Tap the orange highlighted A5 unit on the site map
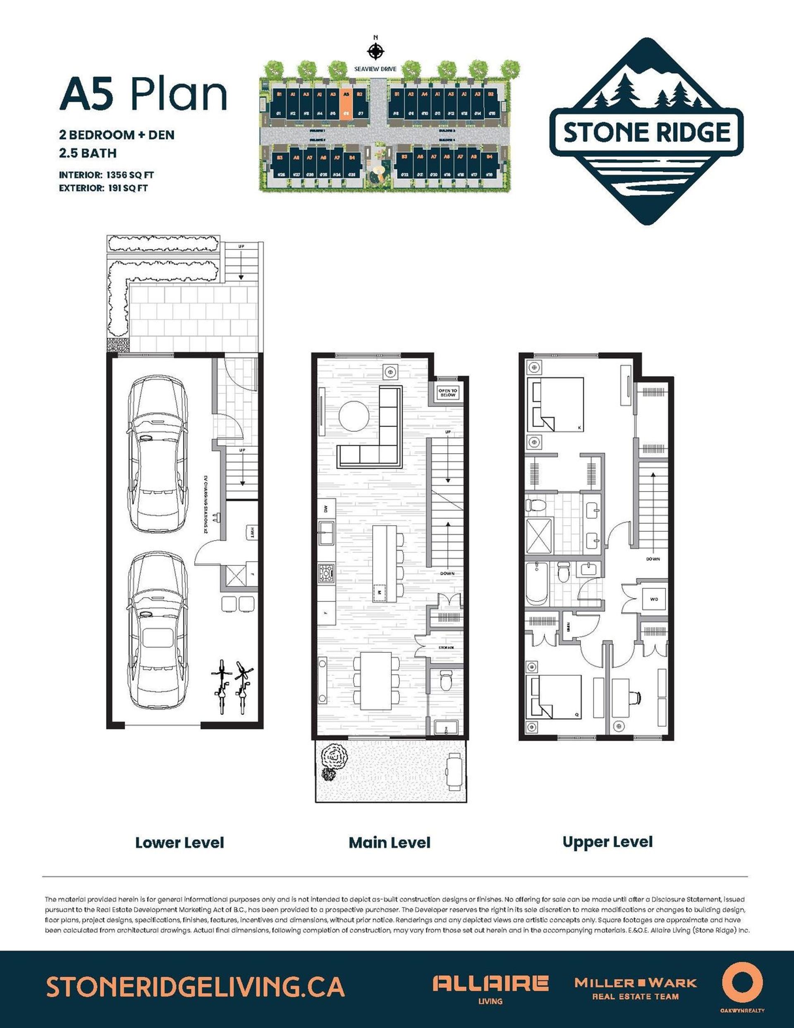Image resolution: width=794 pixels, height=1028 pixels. point(346,104)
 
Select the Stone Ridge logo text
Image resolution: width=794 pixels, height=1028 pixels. point(647,132)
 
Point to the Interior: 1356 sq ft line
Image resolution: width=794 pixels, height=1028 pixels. point(106,175)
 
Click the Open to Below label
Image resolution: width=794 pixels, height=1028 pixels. point(447,393)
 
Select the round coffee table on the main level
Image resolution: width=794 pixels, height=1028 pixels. point(354,416)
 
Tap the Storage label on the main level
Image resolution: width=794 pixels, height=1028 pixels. point(446,648)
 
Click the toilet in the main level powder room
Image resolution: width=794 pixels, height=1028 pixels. point(446,680)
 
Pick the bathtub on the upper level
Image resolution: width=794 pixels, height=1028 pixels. point(537,584)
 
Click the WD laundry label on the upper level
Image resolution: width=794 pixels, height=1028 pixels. point(654,599)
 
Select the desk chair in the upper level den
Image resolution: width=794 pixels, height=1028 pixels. point(636,697)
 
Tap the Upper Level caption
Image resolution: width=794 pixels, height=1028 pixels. point(607,842)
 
